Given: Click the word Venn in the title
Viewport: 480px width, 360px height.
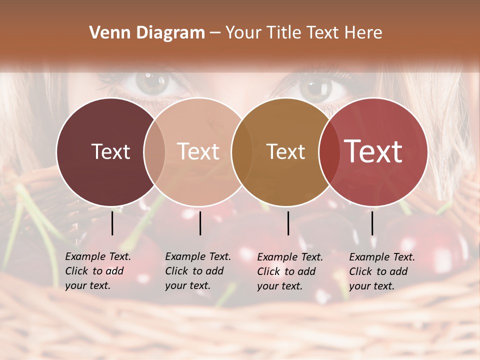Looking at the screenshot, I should tap(106, 33).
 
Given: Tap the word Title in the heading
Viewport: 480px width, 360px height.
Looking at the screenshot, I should tap(280, 33).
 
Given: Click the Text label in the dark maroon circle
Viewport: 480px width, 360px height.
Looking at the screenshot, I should tap(110, 151).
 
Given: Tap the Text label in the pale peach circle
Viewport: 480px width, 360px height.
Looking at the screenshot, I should tap(198, 151).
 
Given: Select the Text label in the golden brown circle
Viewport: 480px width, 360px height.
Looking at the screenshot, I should tap(285, 151).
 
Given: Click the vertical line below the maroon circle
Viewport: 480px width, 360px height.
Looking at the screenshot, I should tap(112, 223).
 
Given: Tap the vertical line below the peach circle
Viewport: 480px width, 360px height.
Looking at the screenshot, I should tap(200, 223).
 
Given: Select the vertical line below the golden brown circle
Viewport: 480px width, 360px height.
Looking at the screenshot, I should tap(288, 223).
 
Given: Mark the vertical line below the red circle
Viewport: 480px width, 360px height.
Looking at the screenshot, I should tap(372, 223).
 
